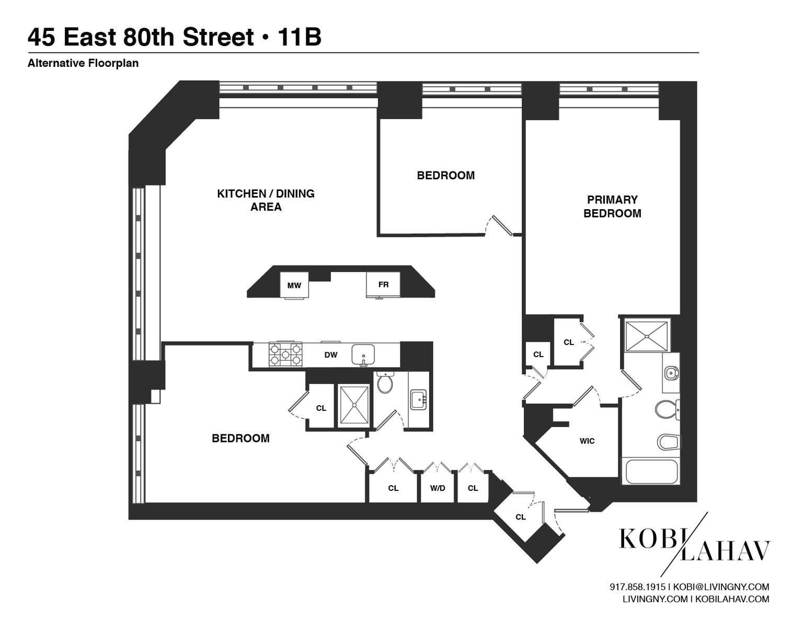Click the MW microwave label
294,285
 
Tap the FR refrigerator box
383,285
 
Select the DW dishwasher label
330,355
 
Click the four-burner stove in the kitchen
285,354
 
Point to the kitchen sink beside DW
363,354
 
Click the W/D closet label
438,488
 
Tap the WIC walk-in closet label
587,441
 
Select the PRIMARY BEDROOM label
612,206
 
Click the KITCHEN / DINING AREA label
266,200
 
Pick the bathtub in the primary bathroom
651,472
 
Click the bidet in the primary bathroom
669,442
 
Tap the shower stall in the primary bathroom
647,335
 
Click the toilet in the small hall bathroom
385,383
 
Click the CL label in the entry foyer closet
520,517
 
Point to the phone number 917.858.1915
637,587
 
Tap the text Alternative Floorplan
83,63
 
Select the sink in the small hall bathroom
418,400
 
